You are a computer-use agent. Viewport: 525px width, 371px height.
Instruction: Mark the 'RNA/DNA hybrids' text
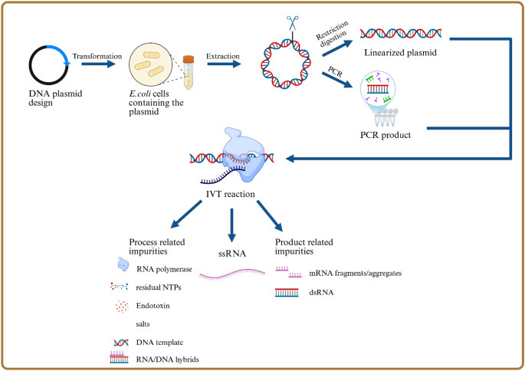click(176, 357)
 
